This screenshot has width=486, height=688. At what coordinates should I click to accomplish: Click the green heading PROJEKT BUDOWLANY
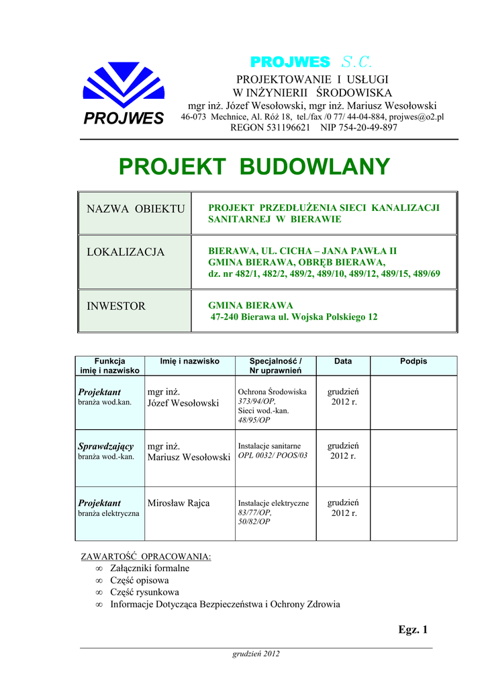[x=254, y=166]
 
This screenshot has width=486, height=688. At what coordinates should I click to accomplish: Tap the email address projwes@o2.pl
[x=416, y=117]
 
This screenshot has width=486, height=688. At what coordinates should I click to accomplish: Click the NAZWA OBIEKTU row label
[x=136, y=209]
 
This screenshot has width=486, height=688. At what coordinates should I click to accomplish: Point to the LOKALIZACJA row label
[x=126, y=252]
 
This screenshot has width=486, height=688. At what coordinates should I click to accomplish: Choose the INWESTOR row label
[x=116, y=306]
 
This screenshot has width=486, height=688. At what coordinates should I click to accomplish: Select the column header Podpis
[x=414, y=361]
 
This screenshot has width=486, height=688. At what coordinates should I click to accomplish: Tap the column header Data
[x=343, y=361]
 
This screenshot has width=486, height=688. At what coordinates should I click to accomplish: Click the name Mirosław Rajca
[x=179, y=503]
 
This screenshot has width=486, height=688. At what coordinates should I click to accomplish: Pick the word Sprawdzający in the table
[x=106, y=446]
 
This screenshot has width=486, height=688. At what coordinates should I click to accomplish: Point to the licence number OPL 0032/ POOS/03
[x=273, y=456]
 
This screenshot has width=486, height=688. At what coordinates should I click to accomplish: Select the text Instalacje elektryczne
[x=273, y=503]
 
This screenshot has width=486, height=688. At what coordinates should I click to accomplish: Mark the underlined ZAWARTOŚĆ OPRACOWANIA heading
[x=146, y=557]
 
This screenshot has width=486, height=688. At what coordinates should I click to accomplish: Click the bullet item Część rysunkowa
[x=144, y=592]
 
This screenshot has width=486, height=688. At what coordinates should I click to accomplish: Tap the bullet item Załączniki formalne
[x=150, y=568]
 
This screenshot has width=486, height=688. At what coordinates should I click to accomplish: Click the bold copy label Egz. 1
[x=412, y=630]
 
